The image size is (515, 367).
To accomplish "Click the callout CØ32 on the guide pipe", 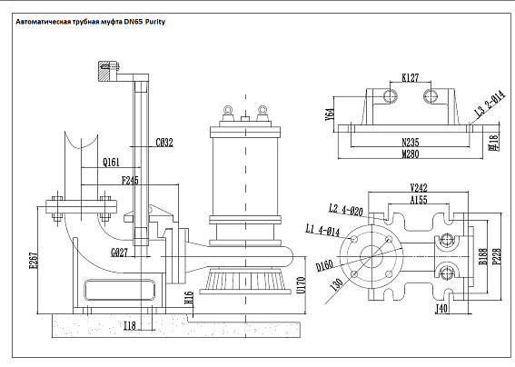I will click(164, 142).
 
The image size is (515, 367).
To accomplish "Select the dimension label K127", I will click(411, 78).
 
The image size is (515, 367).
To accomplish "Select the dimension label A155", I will click(419, 200).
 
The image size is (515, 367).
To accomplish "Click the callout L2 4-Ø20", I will click(346, 210).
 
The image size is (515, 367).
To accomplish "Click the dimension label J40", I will click(442, 309).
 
